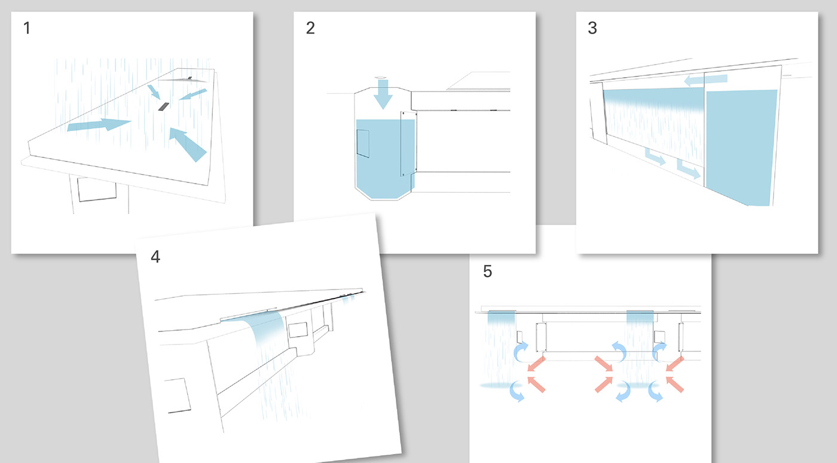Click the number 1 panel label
click(27, 28)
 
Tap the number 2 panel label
click(310, 28)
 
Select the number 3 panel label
click(592, 28)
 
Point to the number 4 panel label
click(155, 257)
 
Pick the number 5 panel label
click(487, 272)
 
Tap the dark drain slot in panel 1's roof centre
click(163, 106)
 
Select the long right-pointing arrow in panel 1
click(99, 124)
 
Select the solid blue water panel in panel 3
click(742, 147)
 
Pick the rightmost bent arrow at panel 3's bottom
click(689, 169)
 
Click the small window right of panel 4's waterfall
click(297, 329)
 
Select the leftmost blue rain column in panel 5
click(501, 347)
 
